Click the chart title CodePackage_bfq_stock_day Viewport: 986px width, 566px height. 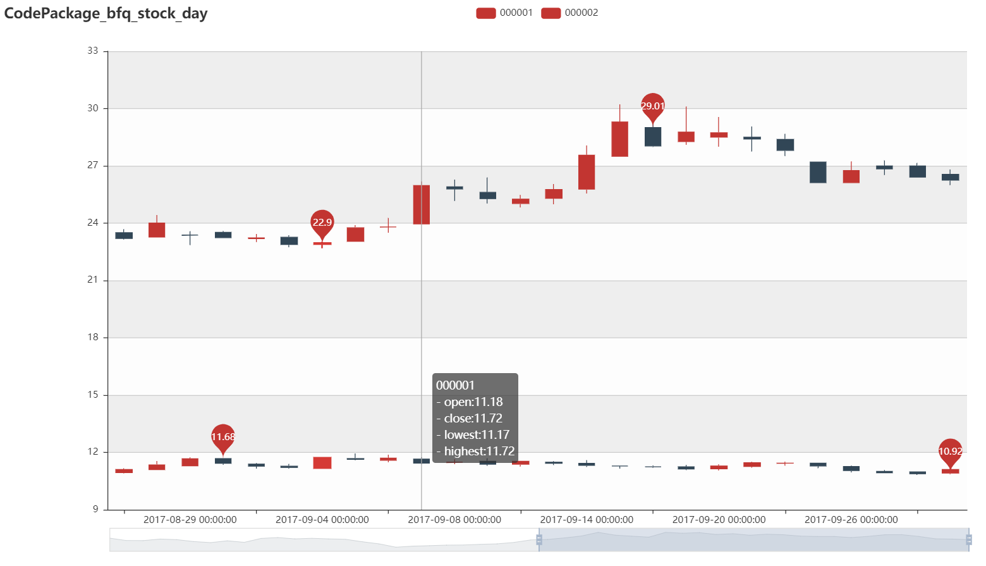(x=106, y=13)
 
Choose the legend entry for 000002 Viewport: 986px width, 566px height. (x=569, y=13)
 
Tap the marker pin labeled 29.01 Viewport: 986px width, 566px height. (x=653, y=106)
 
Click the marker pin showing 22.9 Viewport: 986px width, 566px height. (x=322, y=223)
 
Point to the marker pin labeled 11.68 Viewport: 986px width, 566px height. (x=222, y=436)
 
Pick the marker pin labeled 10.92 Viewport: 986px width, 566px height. (x=950, y=451)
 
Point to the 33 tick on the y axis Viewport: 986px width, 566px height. (x=93, y=51)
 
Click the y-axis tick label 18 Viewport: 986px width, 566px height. (x=93, y=337)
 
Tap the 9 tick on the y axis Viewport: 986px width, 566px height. (x=95, y=509)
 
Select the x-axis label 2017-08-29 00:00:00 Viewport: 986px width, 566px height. (x=190, y=520)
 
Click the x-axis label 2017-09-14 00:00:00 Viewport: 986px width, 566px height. (x=587, y=520)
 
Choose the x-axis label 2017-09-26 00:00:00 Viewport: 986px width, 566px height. (x=851, y=520)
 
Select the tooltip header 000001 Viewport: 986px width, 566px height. (x=455, y=386)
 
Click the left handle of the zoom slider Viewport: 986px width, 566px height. (x=539, y=539)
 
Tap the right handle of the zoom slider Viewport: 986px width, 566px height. (x=968, y=539)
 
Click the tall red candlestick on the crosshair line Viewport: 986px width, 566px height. (x=422, y=205)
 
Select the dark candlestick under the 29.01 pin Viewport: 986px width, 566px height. (x=653, y=137)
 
